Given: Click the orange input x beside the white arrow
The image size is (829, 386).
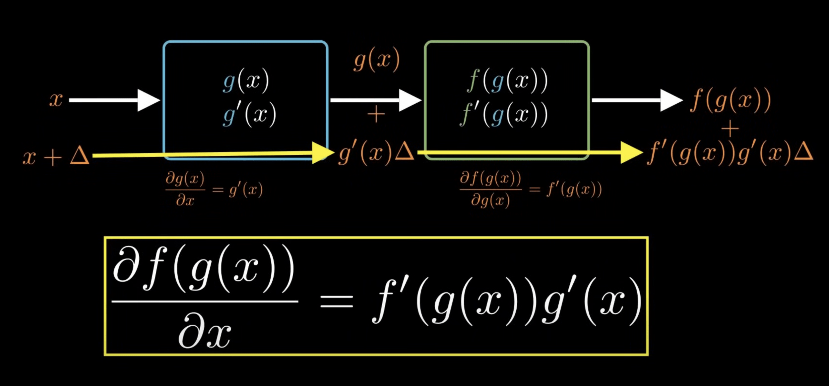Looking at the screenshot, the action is (56, 100).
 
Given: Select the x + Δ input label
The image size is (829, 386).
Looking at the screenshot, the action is (56, 156).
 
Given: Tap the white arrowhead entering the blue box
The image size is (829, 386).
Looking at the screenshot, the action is (148, 100).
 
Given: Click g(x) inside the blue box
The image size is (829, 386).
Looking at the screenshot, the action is (246, 81).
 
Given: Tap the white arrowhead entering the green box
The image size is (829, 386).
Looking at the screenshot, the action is (409, 100).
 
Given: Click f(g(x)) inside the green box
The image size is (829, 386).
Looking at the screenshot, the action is (507, 81).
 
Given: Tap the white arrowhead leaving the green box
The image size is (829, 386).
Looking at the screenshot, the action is (670, 100).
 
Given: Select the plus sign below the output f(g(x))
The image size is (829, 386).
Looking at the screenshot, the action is (730, 129).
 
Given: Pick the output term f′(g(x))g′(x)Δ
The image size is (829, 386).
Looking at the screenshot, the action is (730, 153).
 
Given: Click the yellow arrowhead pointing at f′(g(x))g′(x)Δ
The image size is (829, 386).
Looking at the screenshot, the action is (631, 153).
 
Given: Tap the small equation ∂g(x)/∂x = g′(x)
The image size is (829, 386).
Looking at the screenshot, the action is (214, 189).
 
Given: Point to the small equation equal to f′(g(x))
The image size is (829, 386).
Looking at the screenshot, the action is (531, 189).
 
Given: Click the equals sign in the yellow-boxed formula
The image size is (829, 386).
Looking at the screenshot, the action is (336, 302).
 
